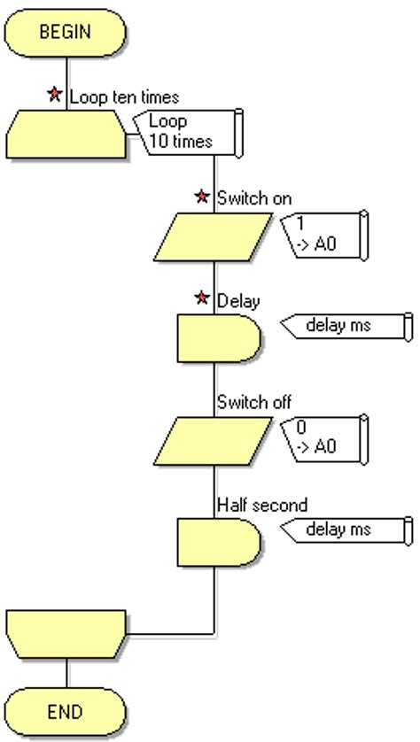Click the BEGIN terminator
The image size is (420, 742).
(66, 33)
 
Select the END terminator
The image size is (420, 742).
(66, 711)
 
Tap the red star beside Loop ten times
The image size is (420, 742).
(55, 95)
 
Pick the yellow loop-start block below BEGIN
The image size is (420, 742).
(66, 133)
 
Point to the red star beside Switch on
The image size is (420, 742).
(203, 197)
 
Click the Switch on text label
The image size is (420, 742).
(254, 199)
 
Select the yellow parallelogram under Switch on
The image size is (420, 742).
(218, 235)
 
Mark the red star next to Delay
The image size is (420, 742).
(203, 298)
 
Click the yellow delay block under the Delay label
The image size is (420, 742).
(218, 337)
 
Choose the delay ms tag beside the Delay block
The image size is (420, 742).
(346, 326)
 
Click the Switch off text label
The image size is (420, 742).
(254, 403)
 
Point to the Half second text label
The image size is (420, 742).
(261, 506)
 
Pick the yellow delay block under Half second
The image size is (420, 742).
(218, 541)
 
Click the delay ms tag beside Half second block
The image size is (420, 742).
(346, 530)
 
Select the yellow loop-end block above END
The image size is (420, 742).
(66, 632)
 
